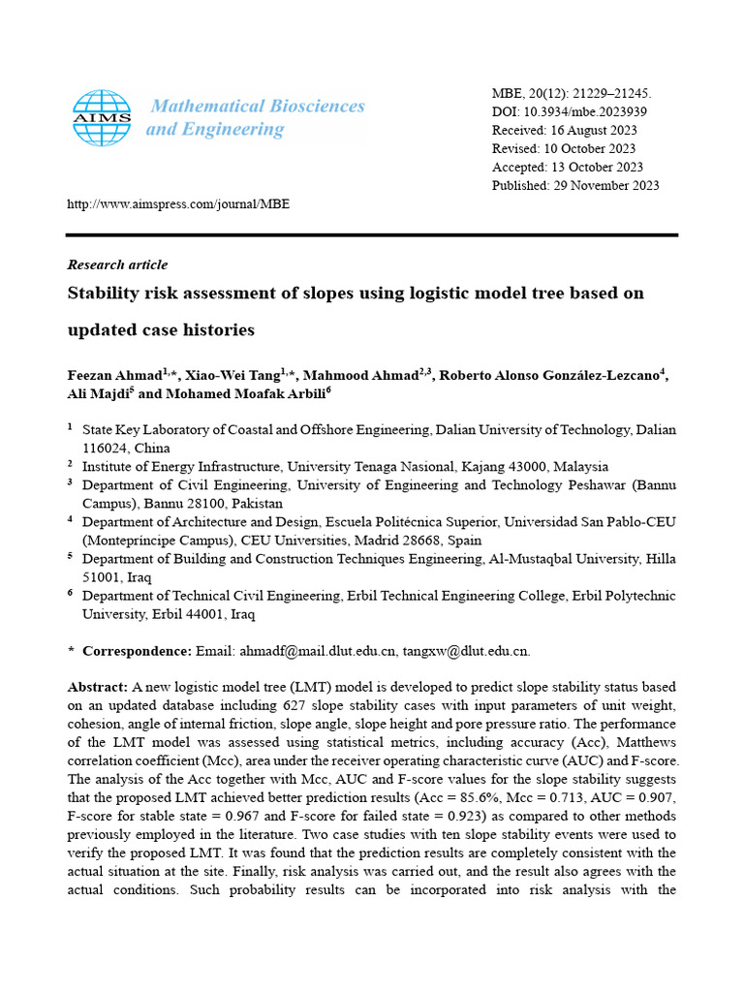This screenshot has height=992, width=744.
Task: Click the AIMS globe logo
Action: [102, 118]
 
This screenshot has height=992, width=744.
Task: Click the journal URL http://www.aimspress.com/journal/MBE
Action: [178, 204]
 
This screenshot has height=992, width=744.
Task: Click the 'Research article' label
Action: [117, 264]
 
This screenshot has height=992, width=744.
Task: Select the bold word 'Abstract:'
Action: [98, 687]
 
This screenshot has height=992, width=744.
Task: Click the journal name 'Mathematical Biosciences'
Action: [257, 107]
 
